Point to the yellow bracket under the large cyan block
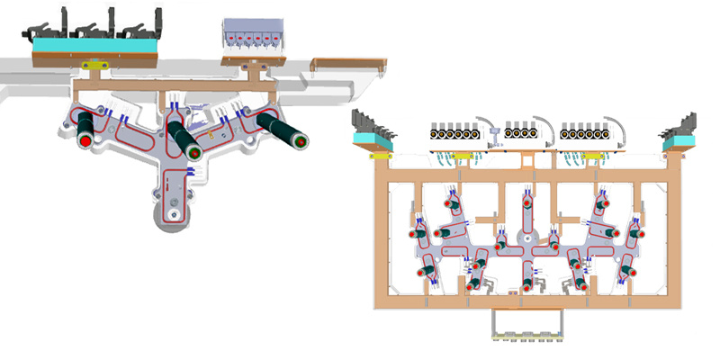94,65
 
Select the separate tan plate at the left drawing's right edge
350,63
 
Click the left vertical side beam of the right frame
382,234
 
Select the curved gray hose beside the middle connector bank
549,126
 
